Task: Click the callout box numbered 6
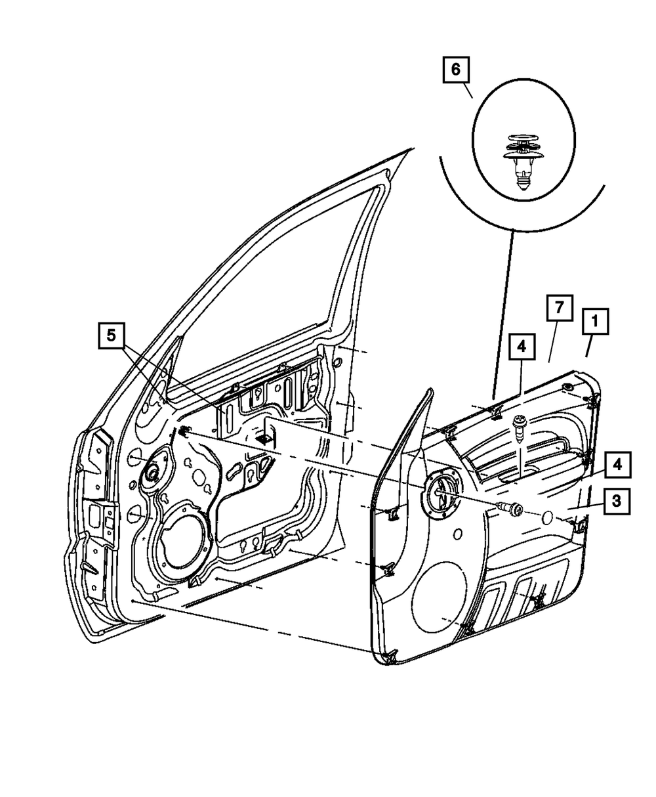point(456,70)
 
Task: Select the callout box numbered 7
point(560,308)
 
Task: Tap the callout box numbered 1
point(595,322)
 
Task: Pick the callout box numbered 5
point(112,335)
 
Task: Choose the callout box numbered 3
point(617,501)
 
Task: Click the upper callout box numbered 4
point(522,346)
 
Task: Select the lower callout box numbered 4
point(617,465)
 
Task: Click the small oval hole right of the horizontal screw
point(546,517)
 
